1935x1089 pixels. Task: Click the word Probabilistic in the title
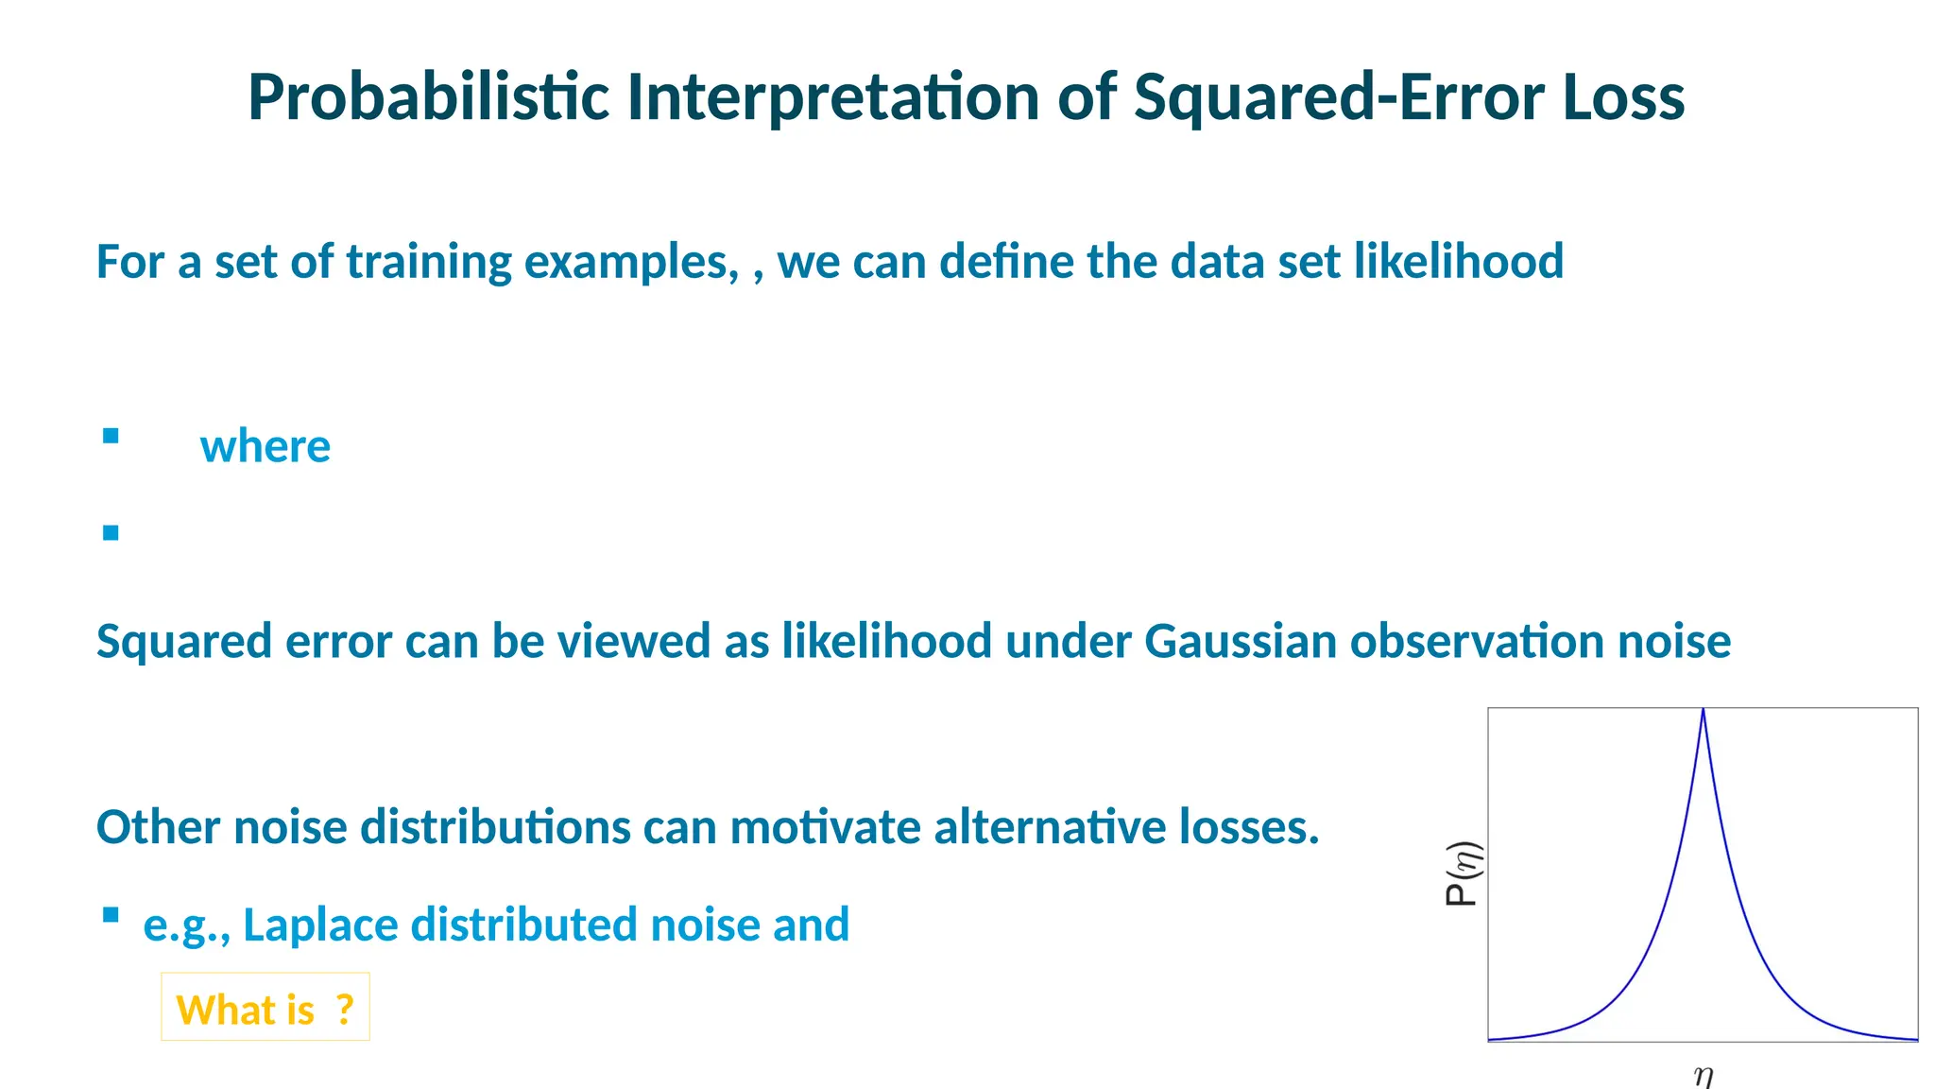(428, 97)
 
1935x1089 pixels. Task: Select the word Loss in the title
(1623, 97)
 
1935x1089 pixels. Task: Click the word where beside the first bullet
(265, 446)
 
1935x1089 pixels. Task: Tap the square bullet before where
(111, 436)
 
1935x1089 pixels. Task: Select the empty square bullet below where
(111, 533)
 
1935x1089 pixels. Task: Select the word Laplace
(321, 925)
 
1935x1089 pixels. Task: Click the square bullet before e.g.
(111, 914)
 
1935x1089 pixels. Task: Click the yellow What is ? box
(265, 1008)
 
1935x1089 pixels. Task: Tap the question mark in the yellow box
(345, 1010)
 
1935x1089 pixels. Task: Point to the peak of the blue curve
(1703, 711)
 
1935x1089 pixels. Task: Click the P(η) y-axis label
(1463, 873)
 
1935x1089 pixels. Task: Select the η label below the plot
(1703, 1076)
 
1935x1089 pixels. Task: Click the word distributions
(495, 827)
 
